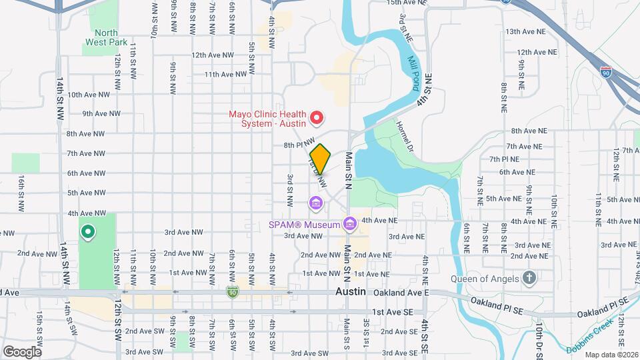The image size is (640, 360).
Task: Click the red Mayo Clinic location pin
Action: [x=317, y=119]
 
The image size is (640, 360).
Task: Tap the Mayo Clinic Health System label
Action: [x=267, y=118]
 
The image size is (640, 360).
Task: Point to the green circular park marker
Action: [x=87, y=232]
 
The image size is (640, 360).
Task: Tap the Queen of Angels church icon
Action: [x=529, y=277]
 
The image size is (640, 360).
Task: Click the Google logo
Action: [x=22, y=351]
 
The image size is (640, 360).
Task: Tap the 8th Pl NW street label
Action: [x=298, y=145]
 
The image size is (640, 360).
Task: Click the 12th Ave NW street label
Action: [x=213, y=55]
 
